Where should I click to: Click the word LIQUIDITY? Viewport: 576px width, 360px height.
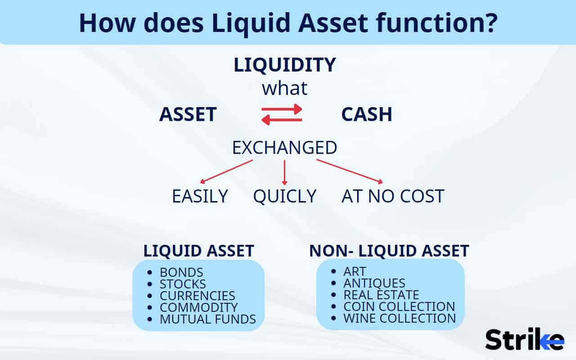click(x=284, y=65)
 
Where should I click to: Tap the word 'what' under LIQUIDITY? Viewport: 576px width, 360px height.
click(x=284, y=88)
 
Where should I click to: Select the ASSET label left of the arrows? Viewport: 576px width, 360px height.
click(x=188, y=115)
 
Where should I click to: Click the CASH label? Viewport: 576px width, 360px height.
click(x=366, y=115)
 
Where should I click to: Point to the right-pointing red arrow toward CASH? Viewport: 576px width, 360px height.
click(x=282, y=109)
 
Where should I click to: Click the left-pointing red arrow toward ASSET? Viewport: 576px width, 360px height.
click(x=282, y=120)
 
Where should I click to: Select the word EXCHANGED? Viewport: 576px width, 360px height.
click(x=284, y=148)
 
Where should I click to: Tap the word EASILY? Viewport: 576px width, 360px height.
click(x=200, y=197)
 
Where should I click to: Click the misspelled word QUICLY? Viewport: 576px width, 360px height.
click(x=284, y=197)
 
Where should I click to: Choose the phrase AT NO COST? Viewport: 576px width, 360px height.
click(x=393, y=197)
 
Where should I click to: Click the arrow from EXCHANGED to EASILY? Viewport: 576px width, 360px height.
click(x=226, y=172)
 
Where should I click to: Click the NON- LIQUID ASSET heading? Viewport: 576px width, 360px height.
click(x=389, y=251)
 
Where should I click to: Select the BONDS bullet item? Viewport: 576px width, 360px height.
click(x=181, y=273)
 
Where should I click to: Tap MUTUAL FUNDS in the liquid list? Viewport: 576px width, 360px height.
click(x=207, y=319)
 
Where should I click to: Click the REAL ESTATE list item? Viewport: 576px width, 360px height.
click(x=381, y=295)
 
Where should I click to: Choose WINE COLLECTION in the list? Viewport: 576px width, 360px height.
click(x=399, y=319)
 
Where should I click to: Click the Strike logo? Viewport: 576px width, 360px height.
click(x=524, y=340)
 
